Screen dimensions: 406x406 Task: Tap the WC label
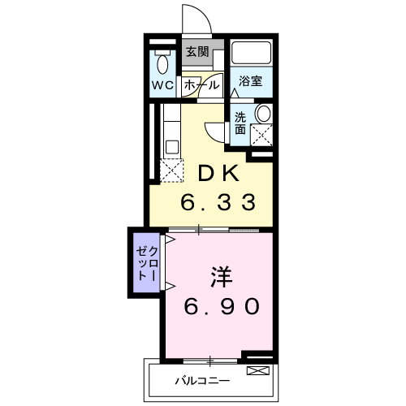point(162,85)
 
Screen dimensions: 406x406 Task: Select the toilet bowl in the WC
point(162,64)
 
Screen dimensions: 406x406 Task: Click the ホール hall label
point(201,85)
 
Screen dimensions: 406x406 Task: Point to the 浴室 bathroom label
point(250,81)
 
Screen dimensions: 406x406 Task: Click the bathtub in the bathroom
point(251,53)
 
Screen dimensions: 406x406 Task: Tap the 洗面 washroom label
point(240,123)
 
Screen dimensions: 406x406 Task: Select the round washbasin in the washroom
point(263,113)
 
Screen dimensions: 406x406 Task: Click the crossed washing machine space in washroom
point(261,135)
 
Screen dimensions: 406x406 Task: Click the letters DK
point(219,174)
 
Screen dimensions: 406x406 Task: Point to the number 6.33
point(218,202)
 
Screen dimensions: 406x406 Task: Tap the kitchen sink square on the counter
point(172,147)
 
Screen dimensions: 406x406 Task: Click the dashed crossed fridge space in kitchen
point(171,170)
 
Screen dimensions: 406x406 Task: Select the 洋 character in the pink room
point(222,277)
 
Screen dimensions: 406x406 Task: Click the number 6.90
point(222,306)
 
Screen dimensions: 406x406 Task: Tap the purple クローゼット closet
point(146,262)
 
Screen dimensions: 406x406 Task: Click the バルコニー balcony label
point(202,381)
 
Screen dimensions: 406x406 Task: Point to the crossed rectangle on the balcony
point(258,370)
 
